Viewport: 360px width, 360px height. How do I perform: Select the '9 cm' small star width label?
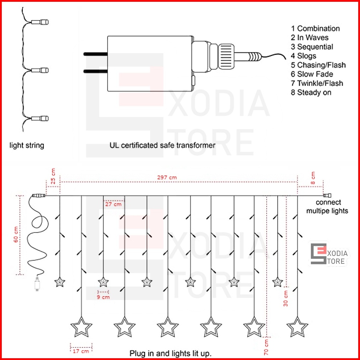pyautogui.click(x=103, y=297)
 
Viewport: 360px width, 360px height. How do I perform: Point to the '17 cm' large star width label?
pyautogui.click(x=81, y=351)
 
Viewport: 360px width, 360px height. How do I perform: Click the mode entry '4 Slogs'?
pyautogui.click(x=303, y=56)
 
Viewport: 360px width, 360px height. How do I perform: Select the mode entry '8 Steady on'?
pyautogui.click(x=311, y=92)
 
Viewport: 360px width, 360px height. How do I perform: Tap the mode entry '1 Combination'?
pyautogui.click(x=315, y=29)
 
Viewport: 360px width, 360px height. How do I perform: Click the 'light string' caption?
pyautogui.click(x=27, y=145)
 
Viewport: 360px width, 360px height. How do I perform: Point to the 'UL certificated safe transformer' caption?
pyautogui.click(x=162, y=145)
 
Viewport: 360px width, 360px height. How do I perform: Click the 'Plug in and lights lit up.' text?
pyautogui.click(x=170, y=354)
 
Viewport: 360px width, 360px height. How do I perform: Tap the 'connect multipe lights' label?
pyautogui.click(x=327, y=207)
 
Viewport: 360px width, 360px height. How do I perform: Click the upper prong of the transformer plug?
pyautogui.click(x=96, y=54)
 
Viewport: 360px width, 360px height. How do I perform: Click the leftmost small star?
pyautogui.click(x=60, y=283)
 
